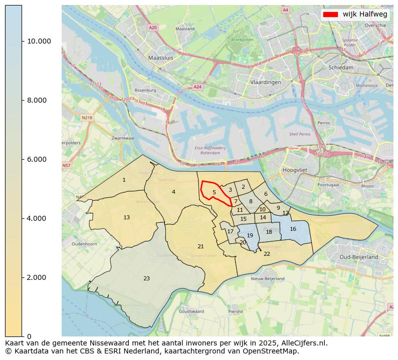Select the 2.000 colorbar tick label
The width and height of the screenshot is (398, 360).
[x=38, y=277]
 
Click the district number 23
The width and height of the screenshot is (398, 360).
[x=146, y=278]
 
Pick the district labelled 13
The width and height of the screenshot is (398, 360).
[x=127, y=217]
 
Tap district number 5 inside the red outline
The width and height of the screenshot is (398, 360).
[x=214, y=192]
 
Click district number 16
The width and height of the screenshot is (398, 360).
[x=293, y=229]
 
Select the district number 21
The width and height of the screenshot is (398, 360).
[x=201, y=246]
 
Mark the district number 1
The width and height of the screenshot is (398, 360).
[x=124, y=180]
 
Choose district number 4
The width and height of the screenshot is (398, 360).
[x=173, y=192]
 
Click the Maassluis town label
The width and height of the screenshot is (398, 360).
[x=160, y=58]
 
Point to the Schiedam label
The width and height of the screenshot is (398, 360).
[x=341, y=67]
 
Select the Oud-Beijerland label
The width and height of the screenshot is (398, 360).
[x=358, y=257]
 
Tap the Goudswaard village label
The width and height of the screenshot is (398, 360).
[x=191, y=311]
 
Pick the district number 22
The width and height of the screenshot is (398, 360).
[x=267, y=254]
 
